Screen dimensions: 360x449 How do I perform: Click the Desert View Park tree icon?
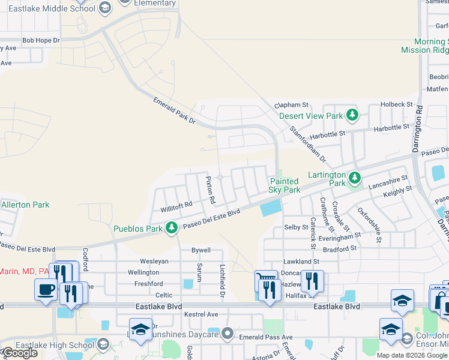pyautogui.click(x=353, y=115)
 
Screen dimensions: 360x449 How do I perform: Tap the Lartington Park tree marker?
pyautogui.click(x=355, y=177)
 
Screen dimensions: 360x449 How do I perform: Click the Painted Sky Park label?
pyautogui.click(x=285, y=185)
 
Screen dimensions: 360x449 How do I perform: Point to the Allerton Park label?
pyautogui.click(x=25, y=205)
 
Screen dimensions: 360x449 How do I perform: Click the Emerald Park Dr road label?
pyautogui.click(x=175, y=110)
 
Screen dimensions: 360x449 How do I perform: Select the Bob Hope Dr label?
pyautogui.click(x=41, y=40)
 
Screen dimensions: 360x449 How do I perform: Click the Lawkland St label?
pyautogui.click(x=301, y=262)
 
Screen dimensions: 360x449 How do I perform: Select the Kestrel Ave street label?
pyautogui.click(x=201, y=314)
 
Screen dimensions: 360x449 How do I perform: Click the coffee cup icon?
pyautogui.click(x=47, y=290)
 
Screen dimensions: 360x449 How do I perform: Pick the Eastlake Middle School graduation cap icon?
pyautogui.click(x=105, y=8)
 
